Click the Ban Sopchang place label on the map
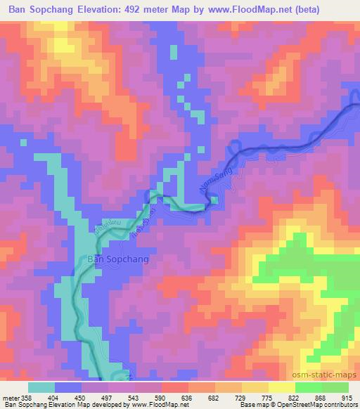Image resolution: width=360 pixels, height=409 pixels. point(117,258)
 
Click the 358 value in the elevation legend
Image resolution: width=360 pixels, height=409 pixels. point(25,398)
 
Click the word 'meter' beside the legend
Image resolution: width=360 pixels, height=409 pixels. point(10,398)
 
